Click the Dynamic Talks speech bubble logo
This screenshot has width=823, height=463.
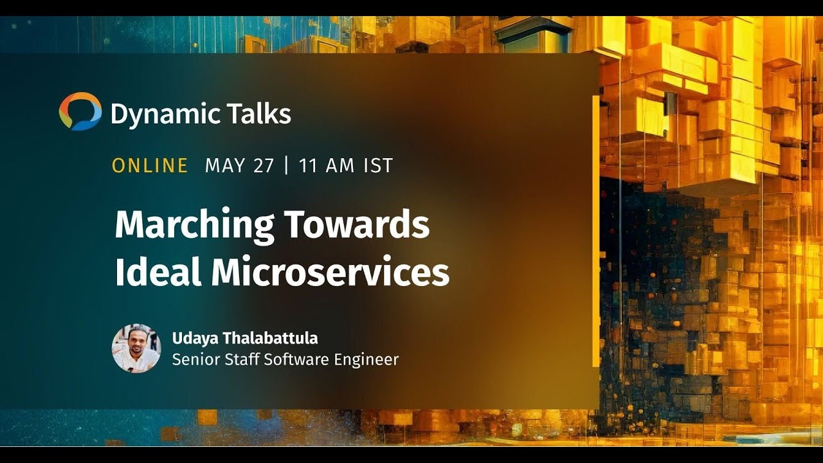tap(80, 111)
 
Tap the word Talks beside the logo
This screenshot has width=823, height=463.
tap(250, 114)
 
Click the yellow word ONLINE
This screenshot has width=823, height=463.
tap(150, 166)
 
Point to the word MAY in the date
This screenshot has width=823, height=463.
tap(225, 166)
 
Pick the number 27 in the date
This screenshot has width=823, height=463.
tap(264, 166)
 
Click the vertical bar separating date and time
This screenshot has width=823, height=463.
tap(286, 166)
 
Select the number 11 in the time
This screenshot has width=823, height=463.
tap(308, 166)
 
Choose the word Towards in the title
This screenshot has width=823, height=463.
tap(357, 224)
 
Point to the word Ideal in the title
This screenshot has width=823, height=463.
tap(158, 272)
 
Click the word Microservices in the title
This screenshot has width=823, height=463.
tap(330, 272)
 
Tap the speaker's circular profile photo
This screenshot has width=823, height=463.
tap(136, 348)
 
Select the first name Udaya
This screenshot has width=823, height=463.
tap(192, 338)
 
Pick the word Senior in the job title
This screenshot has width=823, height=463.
tap(192, 359)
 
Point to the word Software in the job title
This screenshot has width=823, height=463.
tap(296, 359)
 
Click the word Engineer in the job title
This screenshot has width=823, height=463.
tap(366, 360)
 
